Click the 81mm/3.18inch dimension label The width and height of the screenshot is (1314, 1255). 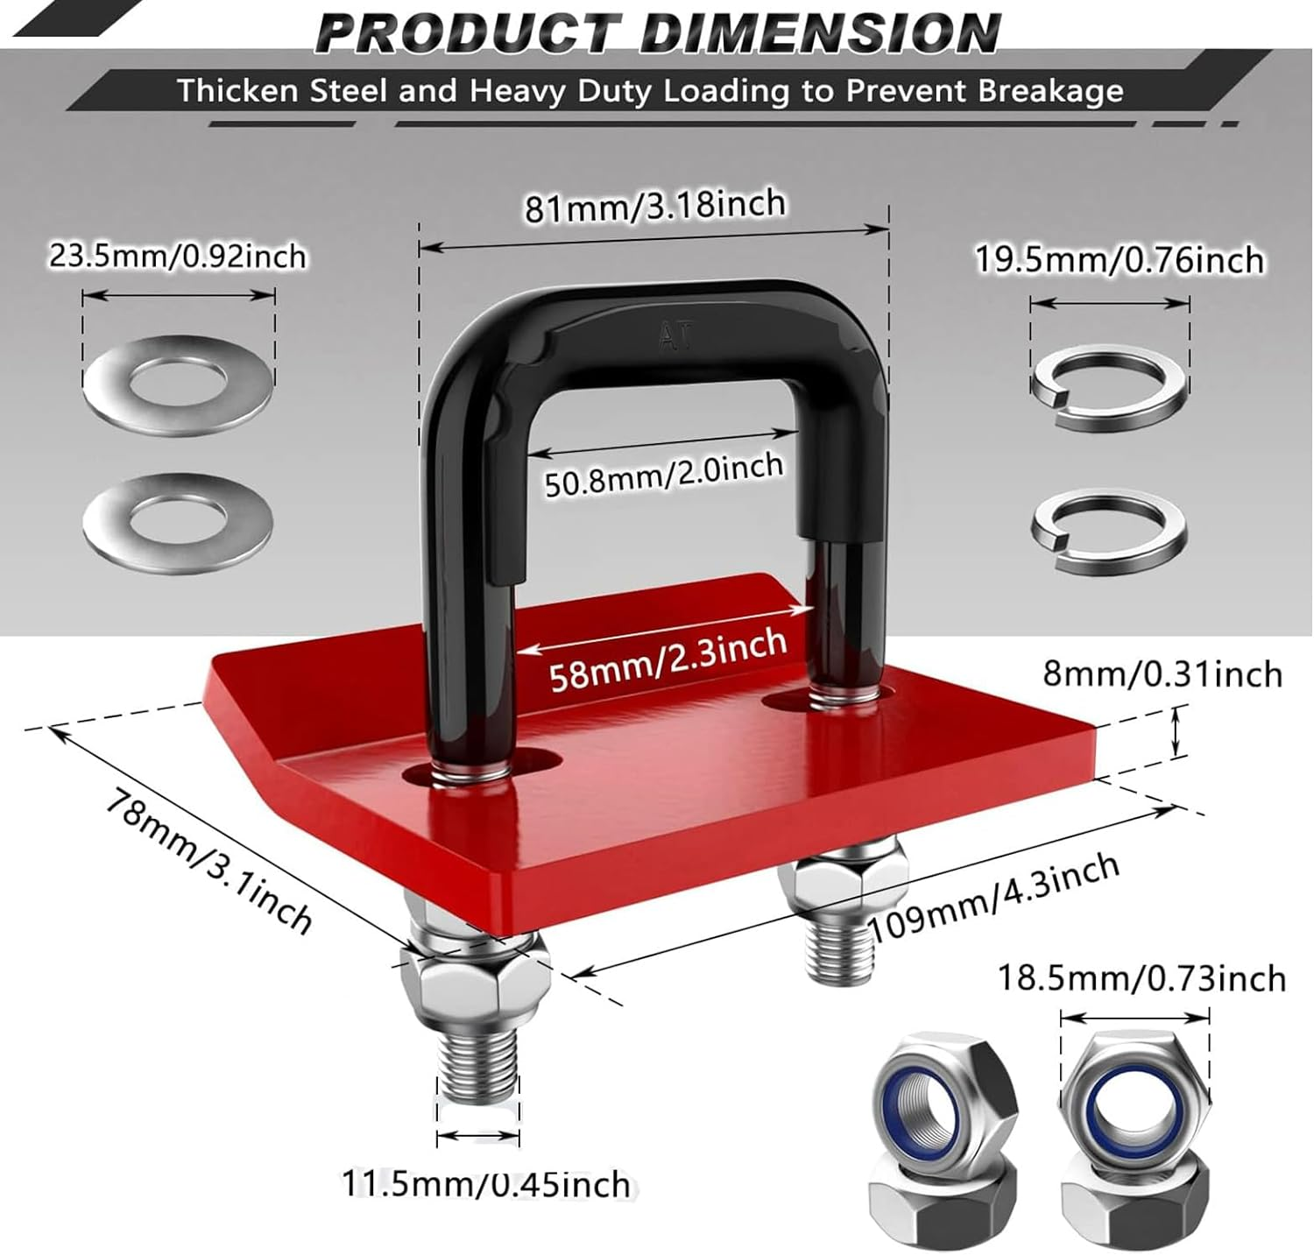(655, 207)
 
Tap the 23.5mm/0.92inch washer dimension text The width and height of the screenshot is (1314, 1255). (178, 257)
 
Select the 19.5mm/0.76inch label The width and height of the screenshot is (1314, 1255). (1120, 260)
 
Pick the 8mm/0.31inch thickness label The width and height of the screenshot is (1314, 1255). (1162, 674)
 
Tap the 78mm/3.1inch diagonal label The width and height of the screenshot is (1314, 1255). (208, 860)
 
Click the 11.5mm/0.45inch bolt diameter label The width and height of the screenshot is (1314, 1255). (485, 1184)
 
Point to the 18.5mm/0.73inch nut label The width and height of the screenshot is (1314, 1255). (1141, 978)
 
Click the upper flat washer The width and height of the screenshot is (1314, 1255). (180, 384)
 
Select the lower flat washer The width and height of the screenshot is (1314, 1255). (178, 522)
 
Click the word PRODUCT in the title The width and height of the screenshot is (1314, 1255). (470, 32)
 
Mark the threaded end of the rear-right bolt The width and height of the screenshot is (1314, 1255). (839, 952)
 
